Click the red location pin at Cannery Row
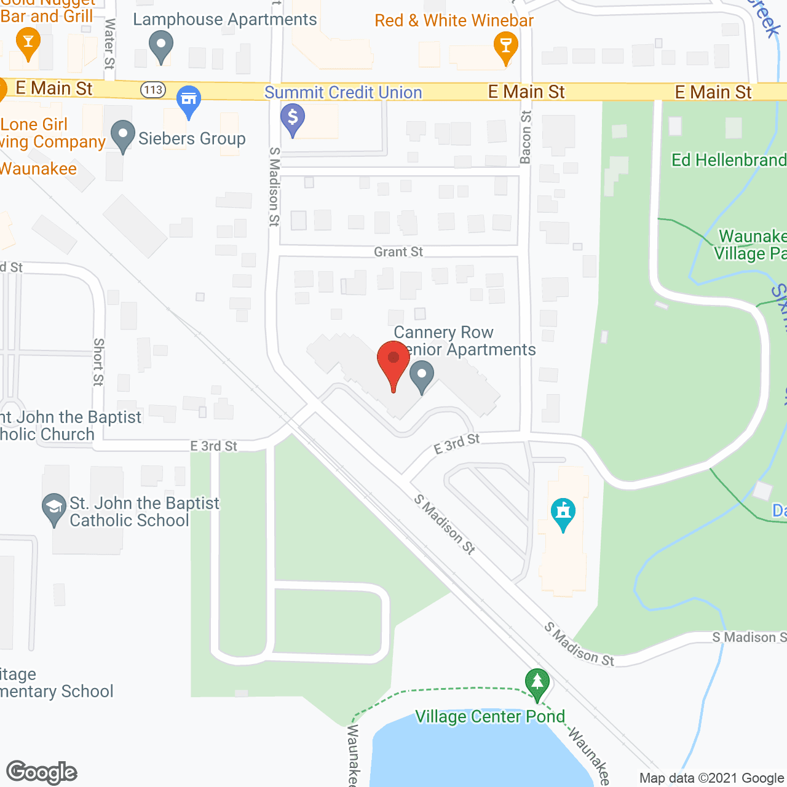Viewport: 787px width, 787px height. [x=393, y=360]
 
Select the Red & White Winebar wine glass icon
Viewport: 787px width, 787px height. [x=505, y=46]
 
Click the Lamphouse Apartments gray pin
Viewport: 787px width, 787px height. [x=161, y=45]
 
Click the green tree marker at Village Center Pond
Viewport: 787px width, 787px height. [x=537, y=683]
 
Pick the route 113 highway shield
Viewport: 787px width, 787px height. [x=153, y=90]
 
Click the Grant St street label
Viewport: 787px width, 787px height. [x=398, y=252]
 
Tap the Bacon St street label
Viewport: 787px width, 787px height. [x=526, y=137]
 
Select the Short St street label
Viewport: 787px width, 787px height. [x=98, y=362]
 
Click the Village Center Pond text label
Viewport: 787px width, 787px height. [x=489, y=717]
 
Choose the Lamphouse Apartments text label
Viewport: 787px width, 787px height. [x=225, y=19]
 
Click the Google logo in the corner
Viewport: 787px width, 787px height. [x=42, y=772]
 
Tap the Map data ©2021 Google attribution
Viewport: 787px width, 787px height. [x=711, y=778]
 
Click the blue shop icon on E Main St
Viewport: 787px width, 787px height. [x=189, y=100]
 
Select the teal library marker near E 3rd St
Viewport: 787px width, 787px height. [x=563, y=513]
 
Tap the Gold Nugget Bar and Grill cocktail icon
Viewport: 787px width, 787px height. [x=28, y=44]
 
